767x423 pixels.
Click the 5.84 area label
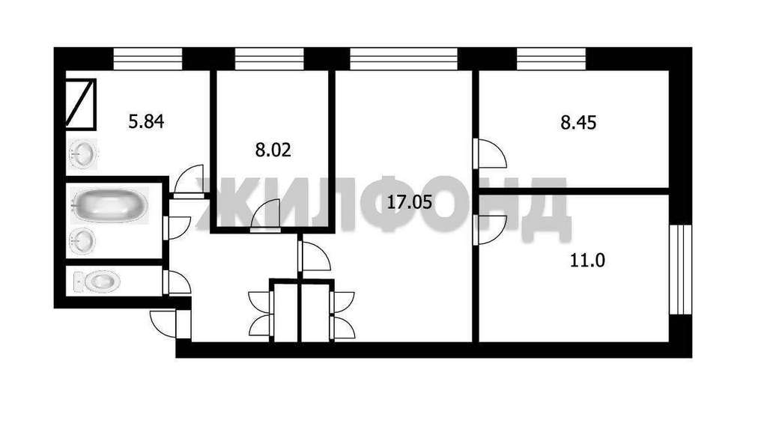146,121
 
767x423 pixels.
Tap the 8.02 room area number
273,150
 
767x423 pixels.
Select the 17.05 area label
410,201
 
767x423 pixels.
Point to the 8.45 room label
578,122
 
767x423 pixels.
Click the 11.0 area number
587,260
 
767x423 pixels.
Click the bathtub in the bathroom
109,205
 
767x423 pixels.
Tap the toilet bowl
97,282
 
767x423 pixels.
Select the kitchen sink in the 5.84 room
83,153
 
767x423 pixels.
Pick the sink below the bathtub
82,241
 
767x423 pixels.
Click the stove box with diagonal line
81,104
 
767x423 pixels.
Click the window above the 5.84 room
148,58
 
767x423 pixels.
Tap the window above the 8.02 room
270,58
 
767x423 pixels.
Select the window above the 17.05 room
404,58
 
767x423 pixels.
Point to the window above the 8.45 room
551,58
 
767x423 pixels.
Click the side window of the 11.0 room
680,270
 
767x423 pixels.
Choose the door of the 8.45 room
489,153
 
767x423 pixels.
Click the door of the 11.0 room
489,230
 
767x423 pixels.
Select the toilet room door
177,282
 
